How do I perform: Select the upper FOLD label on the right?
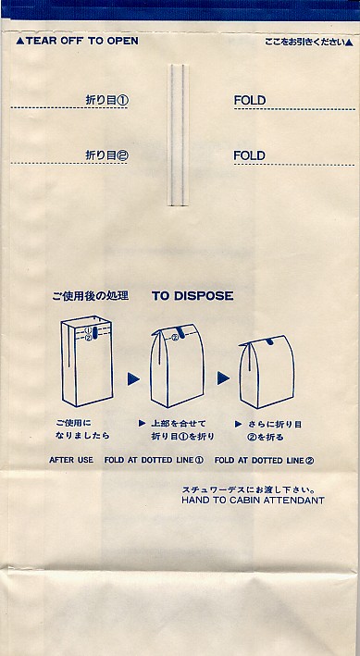250,101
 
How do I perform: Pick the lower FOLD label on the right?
250,155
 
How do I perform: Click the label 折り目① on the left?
107,100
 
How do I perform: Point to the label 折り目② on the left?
107,155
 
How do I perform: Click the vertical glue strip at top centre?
178,135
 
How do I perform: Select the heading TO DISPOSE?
192,296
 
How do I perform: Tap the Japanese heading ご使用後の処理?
91,296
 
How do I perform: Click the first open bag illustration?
87,361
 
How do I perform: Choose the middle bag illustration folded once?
178,365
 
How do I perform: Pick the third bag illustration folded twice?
267,372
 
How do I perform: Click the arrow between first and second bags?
133,378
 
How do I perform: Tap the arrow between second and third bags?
223,378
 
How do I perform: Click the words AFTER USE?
71,460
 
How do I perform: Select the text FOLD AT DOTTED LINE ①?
154,460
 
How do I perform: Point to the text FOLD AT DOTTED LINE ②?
264,461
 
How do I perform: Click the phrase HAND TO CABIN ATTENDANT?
253,501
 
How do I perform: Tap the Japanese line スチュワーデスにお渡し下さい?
248,489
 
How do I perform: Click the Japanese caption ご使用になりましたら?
82,429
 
